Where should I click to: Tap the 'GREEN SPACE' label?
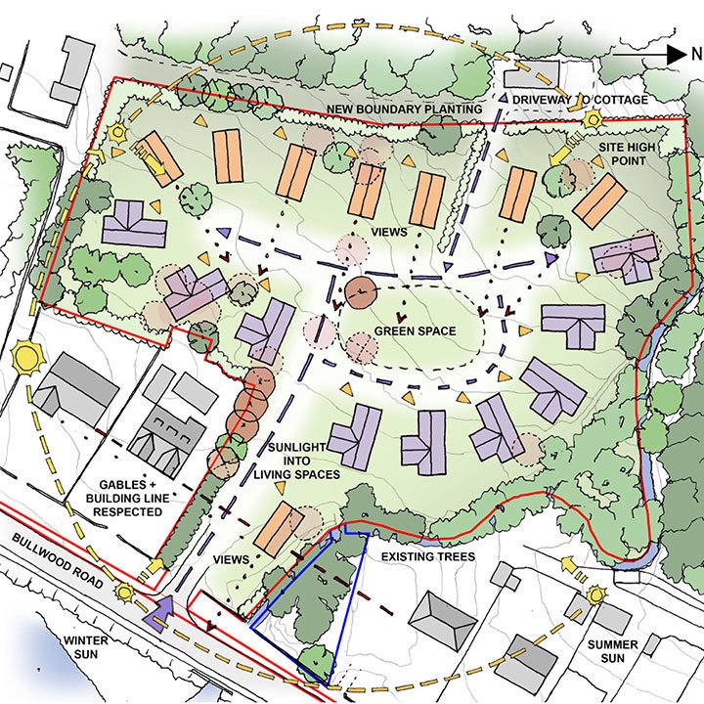coord(415,331)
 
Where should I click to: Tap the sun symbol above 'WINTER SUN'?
coord(124,591)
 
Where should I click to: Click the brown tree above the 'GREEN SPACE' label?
coord(361,289)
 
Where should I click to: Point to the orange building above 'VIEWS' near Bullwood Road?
coord(278,528)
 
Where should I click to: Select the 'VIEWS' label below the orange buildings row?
coord(387,232)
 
